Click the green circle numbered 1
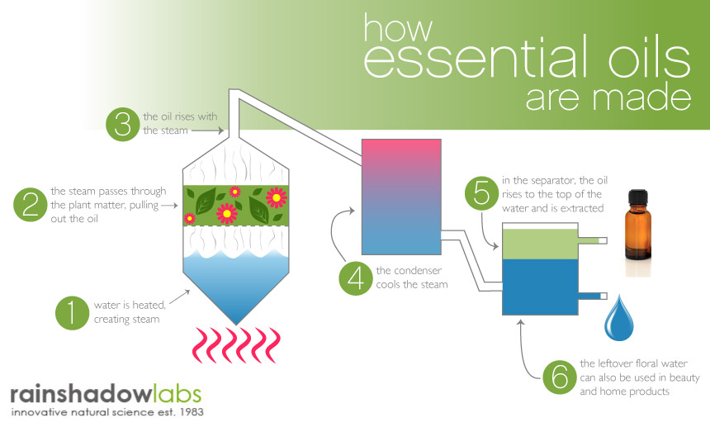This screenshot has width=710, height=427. [72, 312]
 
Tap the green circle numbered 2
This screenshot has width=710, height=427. [31, 204]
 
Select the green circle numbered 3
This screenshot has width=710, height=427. [123, 124]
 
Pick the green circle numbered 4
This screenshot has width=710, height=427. [356, 278]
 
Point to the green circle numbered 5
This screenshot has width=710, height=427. [482, 193]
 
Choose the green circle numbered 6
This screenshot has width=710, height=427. [560, 377]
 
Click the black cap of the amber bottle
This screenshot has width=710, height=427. [638, 198]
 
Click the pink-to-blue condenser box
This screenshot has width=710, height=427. [401, 197]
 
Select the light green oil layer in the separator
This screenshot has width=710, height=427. [540, 244]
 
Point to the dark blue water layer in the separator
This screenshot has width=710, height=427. [540, 287]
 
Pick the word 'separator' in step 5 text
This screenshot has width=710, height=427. [548, 181]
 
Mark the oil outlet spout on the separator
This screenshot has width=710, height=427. [592, 241]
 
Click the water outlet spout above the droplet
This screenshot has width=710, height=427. [592, 297]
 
